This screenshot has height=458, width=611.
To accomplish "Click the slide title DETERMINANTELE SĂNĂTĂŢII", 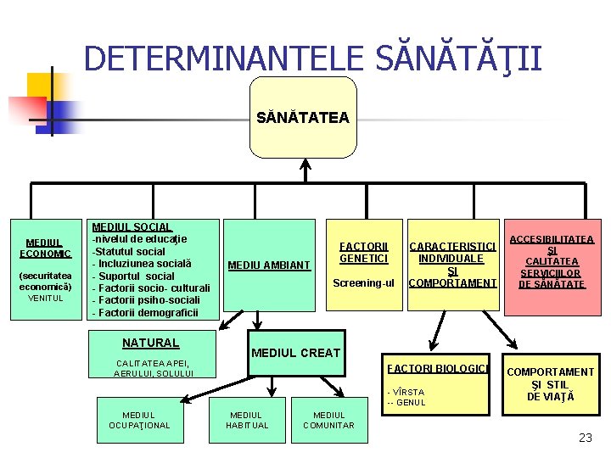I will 312,59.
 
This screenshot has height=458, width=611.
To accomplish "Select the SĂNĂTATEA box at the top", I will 303,118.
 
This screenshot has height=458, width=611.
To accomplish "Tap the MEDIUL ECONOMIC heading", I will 45,248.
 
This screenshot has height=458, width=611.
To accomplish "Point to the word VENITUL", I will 45,298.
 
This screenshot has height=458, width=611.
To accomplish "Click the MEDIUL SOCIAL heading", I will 132,227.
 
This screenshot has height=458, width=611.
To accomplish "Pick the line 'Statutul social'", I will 129,251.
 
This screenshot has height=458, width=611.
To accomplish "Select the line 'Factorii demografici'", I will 144,313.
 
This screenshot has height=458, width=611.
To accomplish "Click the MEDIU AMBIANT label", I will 268,265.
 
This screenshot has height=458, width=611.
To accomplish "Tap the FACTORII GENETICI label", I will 363,252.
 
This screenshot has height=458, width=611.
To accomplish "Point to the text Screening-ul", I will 363,282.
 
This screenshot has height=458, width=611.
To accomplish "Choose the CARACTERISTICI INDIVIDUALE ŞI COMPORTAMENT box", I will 452,265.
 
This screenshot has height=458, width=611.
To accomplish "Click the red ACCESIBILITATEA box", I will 552,262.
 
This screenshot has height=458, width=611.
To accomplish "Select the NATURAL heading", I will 150,343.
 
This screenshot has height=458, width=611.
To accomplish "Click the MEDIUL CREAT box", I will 294,352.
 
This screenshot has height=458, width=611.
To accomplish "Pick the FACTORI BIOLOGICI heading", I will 437,368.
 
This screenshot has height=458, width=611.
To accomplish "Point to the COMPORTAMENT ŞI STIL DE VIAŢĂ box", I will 550,384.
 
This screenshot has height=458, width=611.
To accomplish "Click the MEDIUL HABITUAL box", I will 247,420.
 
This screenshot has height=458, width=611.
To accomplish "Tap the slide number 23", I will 585,438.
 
